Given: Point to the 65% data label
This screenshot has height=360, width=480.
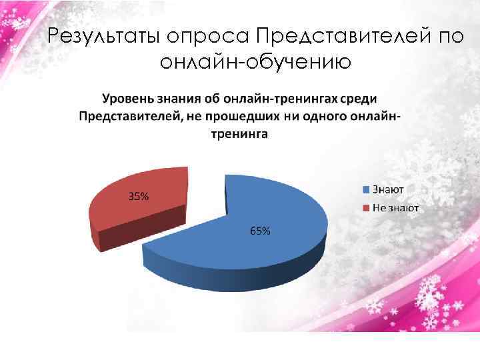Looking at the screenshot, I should coord(260,231).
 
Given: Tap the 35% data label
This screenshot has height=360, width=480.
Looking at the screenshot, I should coord(139,197).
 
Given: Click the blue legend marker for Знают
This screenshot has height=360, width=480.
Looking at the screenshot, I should coord(366,189).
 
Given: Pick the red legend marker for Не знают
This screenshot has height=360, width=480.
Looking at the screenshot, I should coord(366,207).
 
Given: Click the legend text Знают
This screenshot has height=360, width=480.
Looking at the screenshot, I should coord(389,189).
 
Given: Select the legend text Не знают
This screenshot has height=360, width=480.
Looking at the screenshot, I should coord(395,207).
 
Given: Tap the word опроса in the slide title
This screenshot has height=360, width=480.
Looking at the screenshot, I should coord(213,36).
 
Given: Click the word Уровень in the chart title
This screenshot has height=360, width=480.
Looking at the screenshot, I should coord(128,99).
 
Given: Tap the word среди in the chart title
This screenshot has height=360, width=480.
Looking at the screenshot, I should coord(359,99).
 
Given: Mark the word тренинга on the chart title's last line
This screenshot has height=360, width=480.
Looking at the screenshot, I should coord(240,134).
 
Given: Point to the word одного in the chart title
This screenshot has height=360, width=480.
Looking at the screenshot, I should coord(325,117).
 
